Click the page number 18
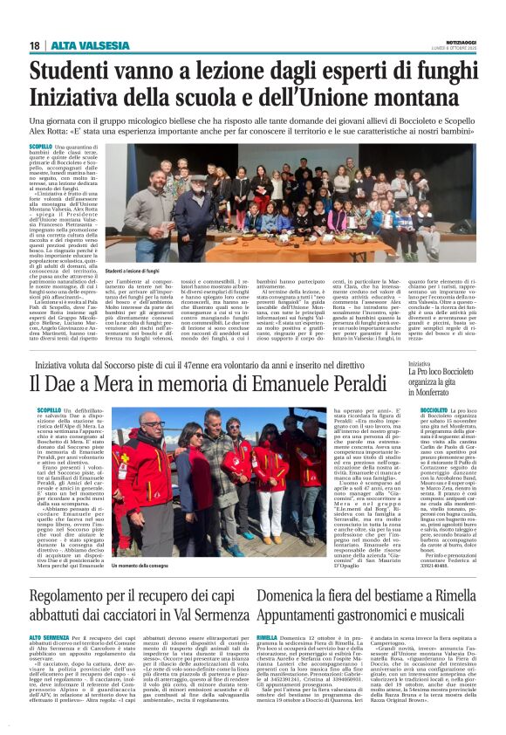click(x=34, y=45)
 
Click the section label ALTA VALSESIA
click(x=78, y=45)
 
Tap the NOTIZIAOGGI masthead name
click(x=459, y=40)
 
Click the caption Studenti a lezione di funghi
click(x=139, y=273)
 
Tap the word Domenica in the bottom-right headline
click(x=292, y=574)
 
